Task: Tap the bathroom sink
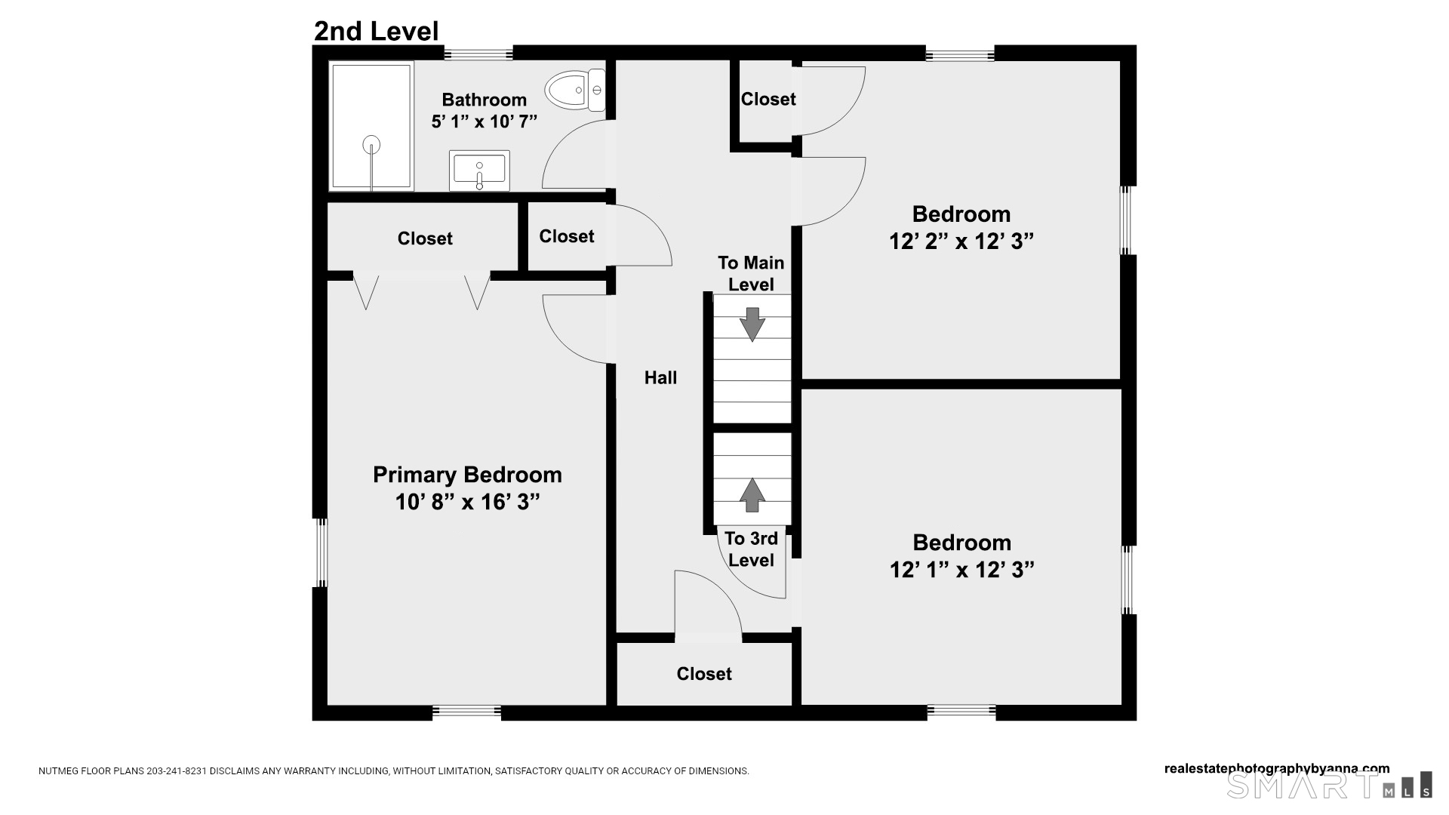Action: pos(479,171)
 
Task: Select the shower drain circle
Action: pos(371,144)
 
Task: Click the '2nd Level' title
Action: pos(376,32)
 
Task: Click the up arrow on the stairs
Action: pos(752,495)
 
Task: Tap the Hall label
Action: pos(660,378)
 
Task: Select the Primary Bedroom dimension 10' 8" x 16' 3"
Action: pos(467,502)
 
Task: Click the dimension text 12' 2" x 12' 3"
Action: pos(961,241)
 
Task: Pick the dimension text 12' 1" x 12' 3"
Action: pos(961,570)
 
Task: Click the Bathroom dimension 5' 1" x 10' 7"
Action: pos(484,121)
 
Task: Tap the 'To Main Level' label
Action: pos(750,273)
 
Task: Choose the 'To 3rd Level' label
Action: pos(751,549)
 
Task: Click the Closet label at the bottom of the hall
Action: pos(704,674)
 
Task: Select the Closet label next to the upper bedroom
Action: pos(768,100)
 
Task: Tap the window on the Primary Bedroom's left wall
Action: pos(321,552)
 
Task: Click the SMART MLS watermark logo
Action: pos(1328,786)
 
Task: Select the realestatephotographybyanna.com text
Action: pos(1276,769)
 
